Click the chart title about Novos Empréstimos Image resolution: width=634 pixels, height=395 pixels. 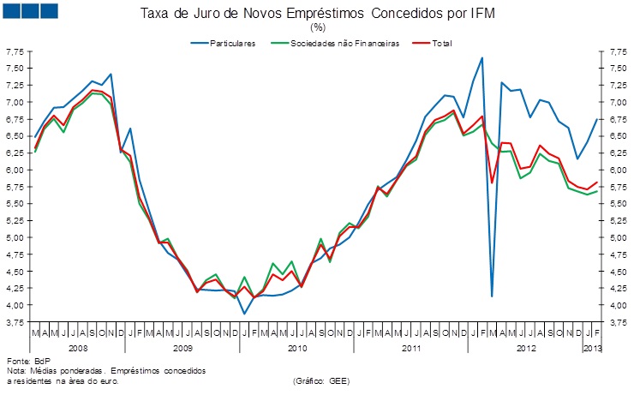click(317, 15)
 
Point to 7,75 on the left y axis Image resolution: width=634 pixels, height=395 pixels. click(15, 52)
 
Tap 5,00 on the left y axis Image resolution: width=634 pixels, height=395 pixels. click(15, 237)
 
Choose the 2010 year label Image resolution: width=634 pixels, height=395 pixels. click(297, 348)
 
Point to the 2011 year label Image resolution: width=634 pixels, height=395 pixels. click(411, 348)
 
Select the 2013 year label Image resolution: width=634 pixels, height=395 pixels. click(593, 348)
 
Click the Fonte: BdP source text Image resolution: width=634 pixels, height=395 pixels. click(28, 361)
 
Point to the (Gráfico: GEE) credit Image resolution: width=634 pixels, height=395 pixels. click(320, 380)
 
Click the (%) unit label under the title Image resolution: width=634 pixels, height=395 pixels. click(317, 28)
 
